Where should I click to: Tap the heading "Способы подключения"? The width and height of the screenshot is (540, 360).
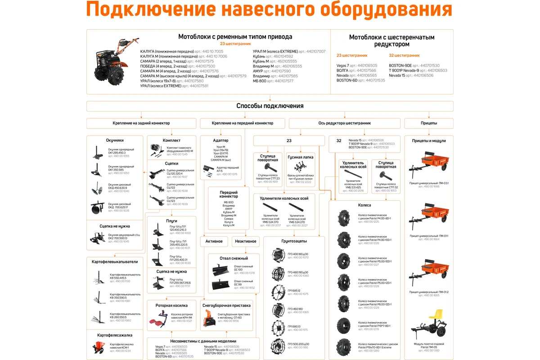coord(270,106)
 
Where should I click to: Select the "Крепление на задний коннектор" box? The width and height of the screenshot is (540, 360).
coord(141,123)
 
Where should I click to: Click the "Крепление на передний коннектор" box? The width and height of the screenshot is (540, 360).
coord(243,123)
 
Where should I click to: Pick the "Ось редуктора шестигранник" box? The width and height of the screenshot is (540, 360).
coord(344,123)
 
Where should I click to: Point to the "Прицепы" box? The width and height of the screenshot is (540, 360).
coord(429,123)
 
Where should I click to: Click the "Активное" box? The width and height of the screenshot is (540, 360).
coord(214,242)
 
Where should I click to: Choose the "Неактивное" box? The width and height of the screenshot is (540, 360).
coord(246,242)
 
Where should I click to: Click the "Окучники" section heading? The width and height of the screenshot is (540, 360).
coord(115,140)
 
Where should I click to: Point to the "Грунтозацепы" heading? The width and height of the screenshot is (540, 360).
coord(294,241)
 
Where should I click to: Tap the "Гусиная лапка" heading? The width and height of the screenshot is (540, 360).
coord(300,157)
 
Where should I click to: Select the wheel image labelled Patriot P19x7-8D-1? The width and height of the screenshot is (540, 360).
coord(344,325)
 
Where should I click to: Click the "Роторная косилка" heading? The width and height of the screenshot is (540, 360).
coord(171,305)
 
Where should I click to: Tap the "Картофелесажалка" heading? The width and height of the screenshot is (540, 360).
coord(115,335)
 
